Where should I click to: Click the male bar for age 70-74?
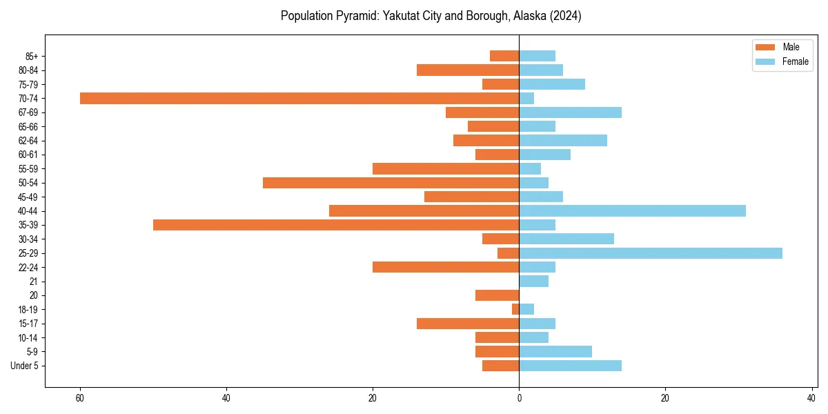(299, 98)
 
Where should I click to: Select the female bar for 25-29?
(650, 253)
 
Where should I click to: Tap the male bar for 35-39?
(336, 225)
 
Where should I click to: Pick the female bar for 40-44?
(632, 210)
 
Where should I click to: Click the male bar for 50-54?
(391, 183)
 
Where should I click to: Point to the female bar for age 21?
(533, 282)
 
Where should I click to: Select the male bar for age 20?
(497, 295)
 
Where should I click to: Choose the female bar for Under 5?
(570, 366)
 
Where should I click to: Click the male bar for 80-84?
(468, 70)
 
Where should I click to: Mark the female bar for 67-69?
(570, 112)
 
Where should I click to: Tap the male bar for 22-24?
(446, 267)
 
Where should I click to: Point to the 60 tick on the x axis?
(80, 398)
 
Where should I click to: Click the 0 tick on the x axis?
(519, 398)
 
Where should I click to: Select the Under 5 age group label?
(24, 366)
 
